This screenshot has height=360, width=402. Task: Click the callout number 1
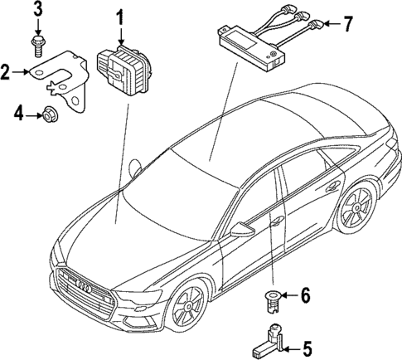(x=121, y=16)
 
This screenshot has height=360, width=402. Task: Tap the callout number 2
(x=7, y=73)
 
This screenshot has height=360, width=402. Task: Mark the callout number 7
(x=347, y=23)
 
